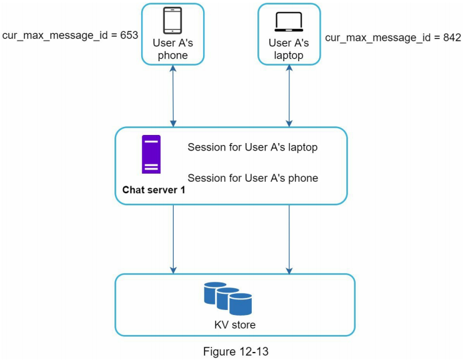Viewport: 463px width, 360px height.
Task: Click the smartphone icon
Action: pos(172,21)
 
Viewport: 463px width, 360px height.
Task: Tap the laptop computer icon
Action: pos(289,22)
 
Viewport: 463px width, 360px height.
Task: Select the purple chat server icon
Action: pos(151,154)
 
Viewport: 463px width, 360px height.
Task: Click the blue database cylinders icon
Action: pos(227,298)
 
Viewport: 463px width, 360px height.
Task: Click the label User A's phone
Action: pos(172,49)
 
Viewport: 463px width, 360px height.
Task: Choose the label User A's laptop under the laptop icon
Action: pos(289,49)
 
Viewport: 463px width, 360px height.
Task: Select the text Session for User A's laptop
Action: pos(252,148)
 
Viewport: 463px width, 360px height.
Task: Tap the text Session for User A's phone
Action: pos(252,178)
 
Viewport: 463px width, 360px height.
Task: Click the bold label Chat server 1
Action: pos(154,190)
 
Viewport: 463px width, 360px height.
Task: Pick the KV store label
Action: pos(235,325)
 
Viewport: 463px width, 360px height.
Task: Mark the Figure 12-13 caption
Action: pos(236,351)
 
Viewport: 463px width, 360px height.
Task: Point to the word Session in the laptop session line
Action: pos(206,148)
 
